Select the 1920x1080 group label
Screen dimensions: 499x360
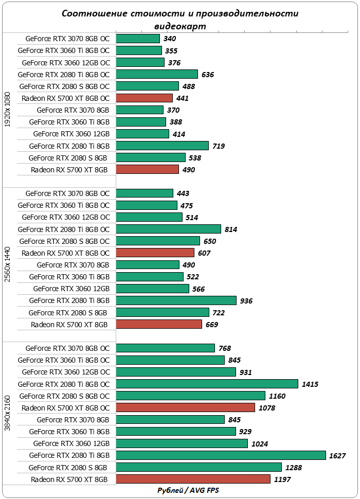click(x=7, y=110)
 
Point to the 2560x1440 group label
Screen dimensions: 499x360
click(x=7, y=264)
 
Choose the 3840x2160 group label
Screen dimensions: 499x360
click(x=7, y=413)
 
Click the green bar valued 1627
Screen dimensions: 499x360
click(x=221, y=455)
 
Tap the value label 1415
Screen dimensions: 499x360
click(x=310, y=384)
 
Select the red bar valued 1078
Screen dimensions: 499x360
click(x=186, y=407)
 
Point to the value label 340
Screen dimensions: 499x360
click(x=170, y=39)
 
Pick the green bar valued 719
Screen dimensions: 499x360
click(x=163, y=146)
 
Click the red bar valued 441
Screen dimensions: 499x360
click(x=145, y=98)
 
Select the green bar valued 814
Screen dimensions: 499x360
click(x=169, y=229)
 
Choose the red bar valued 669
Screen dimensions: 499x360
click(x=159, y=324)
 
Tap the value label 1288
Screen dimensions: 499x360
click(x=294, y=468)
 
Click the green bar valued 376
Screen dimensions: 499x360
click(x=140, y=62)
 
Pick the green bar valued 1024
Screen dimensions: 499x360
click(x=182, y=443)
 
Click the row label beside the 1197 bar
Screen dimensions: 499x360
click(x=69, y=479)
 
